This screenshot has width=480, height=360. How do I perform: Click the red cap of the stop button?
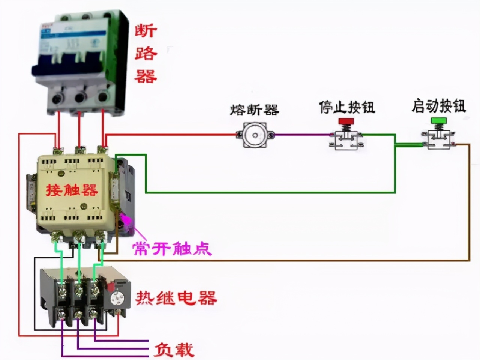346,121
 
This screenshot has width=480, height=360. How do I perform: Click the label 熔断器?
255,110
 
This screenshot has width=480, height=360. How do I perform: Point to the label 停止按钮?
347,107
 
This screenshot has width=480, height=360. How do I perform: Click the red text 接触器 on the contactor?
72,190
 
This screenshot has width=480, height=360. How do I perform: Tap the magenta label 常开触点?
172,248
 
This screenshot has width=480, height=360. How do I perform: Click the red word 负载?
174,349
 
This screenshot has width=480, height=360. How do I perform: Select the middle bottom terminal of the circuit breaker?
80,98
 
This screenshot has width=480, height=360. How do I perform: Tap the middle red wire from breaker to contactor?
79,129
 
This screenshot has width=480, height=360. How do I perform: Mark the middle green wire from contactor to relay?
79,259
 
